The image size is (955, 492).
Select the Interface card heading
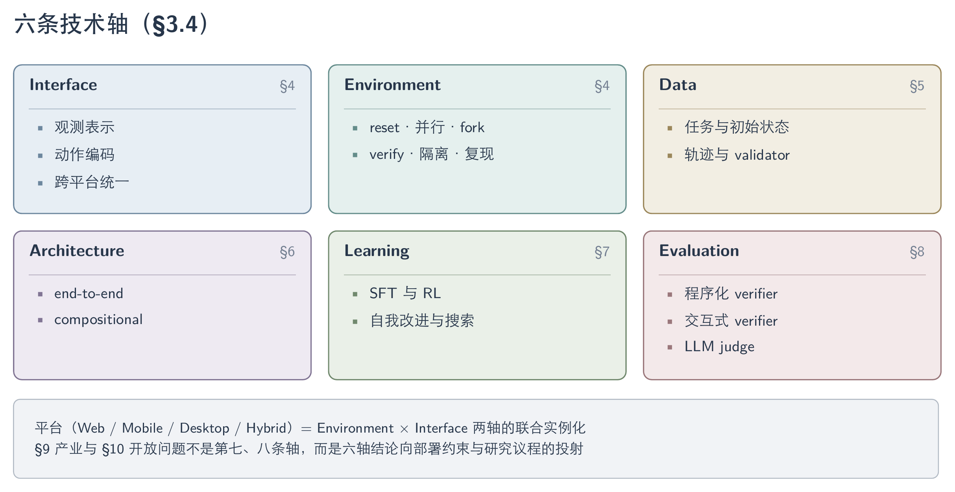click(x=63, y=85)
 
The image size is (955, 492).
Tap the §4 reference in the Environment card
click(x=602, y=86)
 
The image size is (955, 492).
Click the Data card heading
click(x=678, y=85)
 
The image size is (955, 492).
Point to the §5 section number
click(x=917, y=86)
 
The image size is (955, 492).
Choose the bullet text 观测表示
click(x=85, y=127)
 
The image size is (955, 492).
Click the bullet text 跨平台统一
click(x=92, y=182)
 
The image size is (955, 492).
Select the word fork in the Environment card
click(x=472, y=127)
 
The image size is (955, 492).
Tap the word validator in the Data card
click(x=762, y=155)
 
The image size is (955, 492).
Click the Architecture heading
click(x=77, y=251)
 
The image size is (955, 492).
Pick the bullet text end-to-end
click(x=89, y=293)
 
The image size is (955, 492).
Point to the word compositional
click(x=98, y=320)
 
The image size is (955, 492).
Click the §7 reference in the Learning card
click(x=602, y=252)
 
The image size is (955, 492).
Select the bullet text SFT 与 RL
click(x=405, y=293)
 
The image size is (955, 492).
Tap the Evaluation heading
click(x=699, y=251)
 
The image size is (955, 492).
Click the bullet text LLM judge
click(x=719, y=346)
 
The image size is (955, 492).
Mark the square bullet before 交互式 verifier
click(x=670, y=322)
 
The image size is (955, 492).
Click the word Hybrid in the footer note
click(x=266, y=428)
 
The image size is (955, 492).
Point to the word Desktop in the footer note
click(x=205, y=428)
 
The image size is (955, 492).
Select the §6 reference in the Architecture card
click(x=287, y=252)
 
